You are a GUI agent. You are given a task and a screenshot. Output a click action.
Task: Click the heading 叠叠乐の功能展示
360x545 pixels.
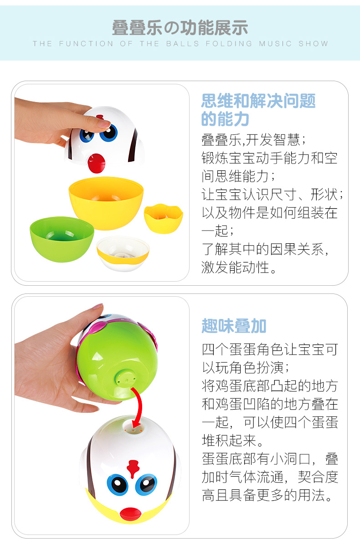coord(180,28)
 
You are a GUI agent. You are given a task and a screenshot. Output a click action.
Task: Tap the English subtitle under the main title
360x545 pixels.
coord(180,44)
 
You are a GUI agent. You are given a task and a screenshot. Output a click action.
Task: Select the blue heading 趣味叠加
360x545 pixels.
coord(234,326)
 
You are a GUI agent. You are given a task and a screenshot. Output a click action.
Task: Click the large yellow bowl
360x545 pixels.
coord(106,203)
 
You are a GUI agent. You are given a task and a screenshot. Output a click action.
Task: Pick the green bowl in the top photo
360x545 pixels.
coord(62,239)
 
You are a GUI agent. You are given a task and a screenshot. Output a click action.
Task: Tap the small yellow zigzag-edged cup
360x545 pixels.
coord(163,218)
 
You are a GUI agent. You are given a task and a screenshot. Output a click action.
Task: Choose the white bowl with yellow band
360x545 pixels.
coord(123,253)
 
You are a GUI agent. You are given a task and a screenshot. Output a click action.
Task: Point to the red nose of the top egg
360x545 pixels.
coord(96,163)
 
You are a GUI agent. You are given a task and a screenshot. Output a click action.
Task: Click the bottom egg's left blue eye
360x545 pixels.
coord(118,484)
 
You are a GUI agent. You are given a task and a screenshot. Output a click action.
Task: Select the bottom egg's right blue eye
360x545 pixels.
coord(146,484)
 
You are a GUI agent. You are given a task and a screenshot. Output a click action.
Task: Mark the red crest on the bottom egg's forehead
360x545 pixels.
coord(133,468)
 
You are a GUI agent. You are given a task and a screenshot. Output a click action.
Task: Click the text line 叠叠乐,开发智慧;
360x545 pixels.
coord(254,140)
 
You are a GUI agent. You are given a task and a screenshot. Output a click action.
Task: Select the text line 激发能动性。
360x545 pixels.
coord(239,267)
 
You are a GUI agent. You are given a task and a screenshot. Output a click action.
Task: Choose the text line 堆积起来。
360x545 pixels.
coord(232,440)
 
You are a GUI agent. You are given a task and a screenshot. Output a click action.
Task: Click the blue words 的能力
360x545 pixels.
coord(225,119)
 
